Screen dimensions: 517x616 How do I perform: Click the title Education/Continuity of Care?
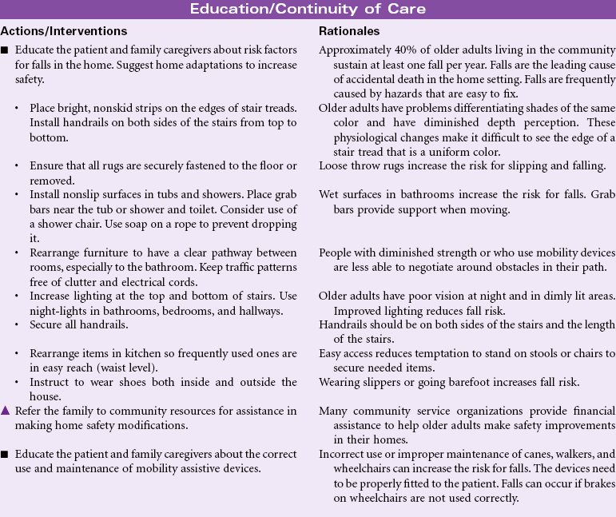pos(308,10)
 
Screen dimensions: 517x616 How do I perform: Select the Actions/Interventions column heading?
pos(64,31)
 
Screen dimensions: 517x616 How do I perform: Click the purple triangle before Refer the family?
pos(5,411)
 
